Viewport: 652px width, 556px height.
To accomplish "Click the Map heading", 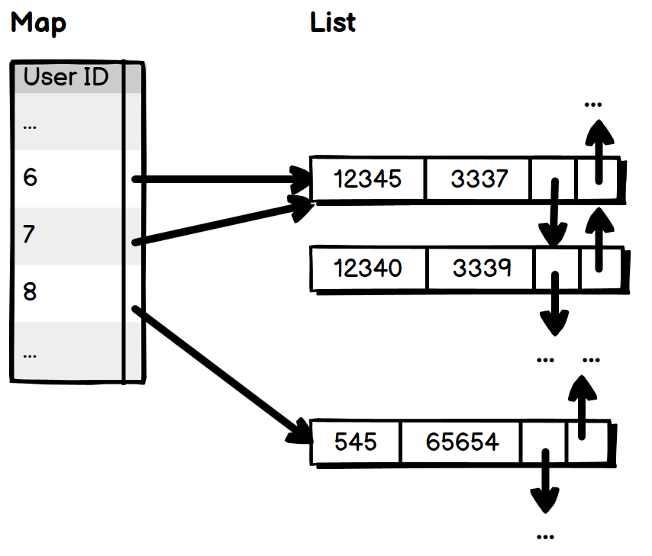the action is [x=38, y=23].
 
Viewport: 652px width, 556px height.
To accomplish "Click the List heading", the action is [x=333, y=22].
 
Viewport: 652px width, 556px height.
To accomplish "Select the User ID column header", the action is [x=66, y=76].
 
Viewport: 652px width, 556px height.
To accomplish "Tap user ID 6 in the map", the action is [x=30, y=177].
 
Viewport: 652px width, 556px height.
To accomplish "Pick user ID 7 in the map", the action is [x=29, y=234].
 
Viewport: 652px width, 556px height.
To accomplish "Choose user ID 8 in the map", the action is [x=30, y=291].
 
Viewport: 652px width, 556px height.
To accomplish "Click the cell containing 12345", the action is [x=367, y=178].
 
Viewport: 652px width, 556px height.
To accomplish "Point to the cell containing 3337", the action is [x=479, y=178].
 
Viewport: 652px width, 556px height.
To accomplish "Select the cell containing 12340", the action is [x=368, y=268].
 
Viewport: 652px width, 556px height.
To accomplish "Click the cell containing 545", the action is [x=356, y=442].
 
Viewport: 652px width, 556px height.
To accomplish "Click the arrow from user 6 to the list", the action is [x=221, y=179].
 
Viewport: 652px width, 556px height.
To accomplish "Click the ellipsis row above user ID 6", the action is [x=30, y=127].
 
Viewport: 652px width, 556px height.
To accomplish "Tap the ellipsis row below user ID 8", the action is [x=30, y=355].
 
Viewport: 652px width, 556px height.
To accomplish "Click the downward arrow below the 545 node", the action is [x=545, y=481].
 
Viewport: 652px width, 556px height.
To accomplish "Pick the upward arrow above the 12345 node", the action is [x=599, y=152].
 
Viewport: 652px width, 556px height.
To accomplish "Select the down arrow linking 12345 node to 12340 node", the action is [x=554, y=213].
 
